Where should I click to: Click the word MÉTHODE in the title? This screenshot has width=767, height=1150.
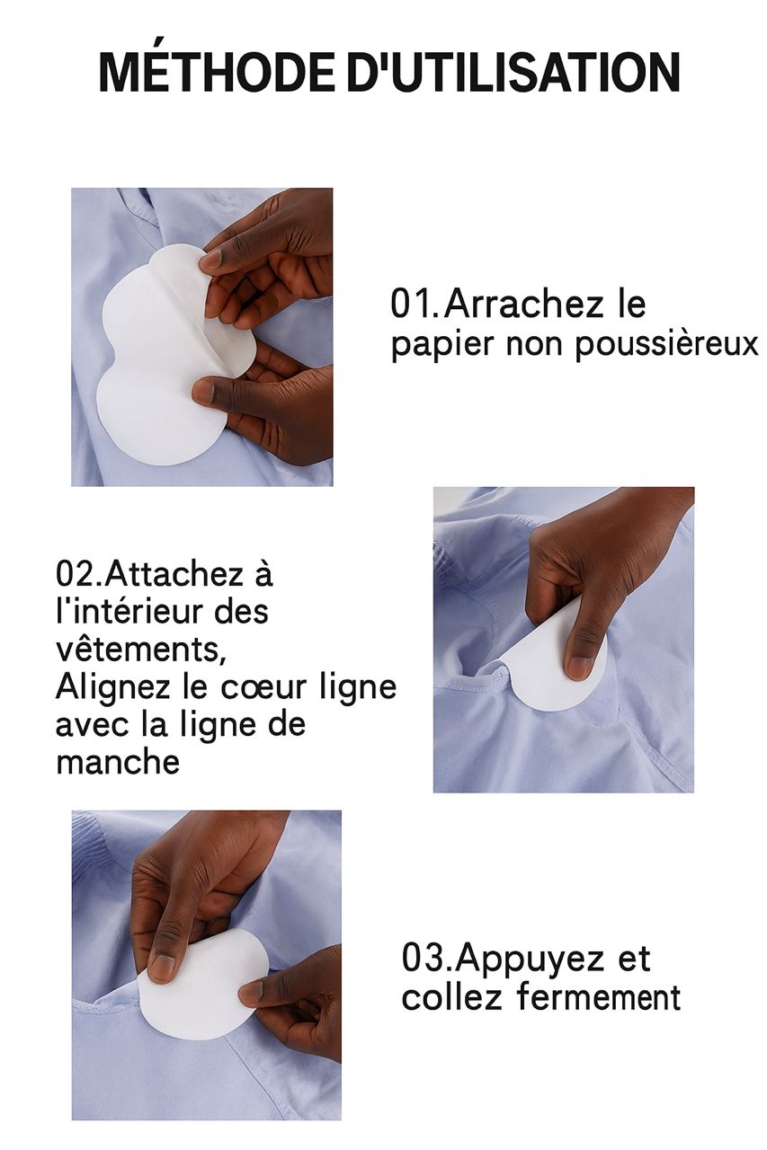(x=216, y=73)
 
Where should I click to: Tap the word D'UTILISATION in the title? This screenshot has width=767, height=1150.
(x=513, y=73)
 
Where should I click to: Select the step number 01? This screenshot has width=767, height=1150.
(x=415, y=305)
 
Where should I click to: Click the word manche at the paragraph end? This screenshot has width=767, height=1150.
(x=117, y=762)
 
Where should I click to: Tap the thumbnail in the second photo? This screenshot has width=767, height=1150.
(x=580, y=666)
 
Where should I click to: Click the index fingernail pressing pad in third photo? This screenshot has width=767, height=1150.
(x=162, y=967)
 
